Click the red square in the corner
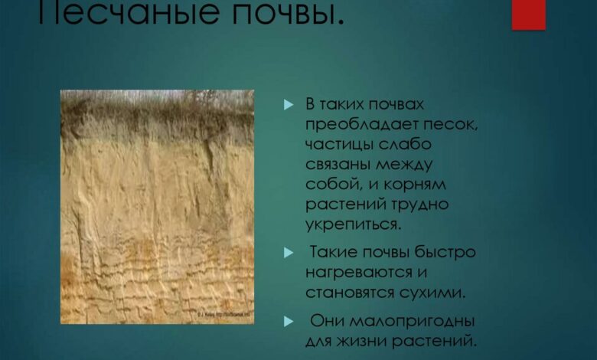coord(528,14)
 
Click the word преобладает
coord(357,125)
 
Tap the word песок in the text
coord(453,125)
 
